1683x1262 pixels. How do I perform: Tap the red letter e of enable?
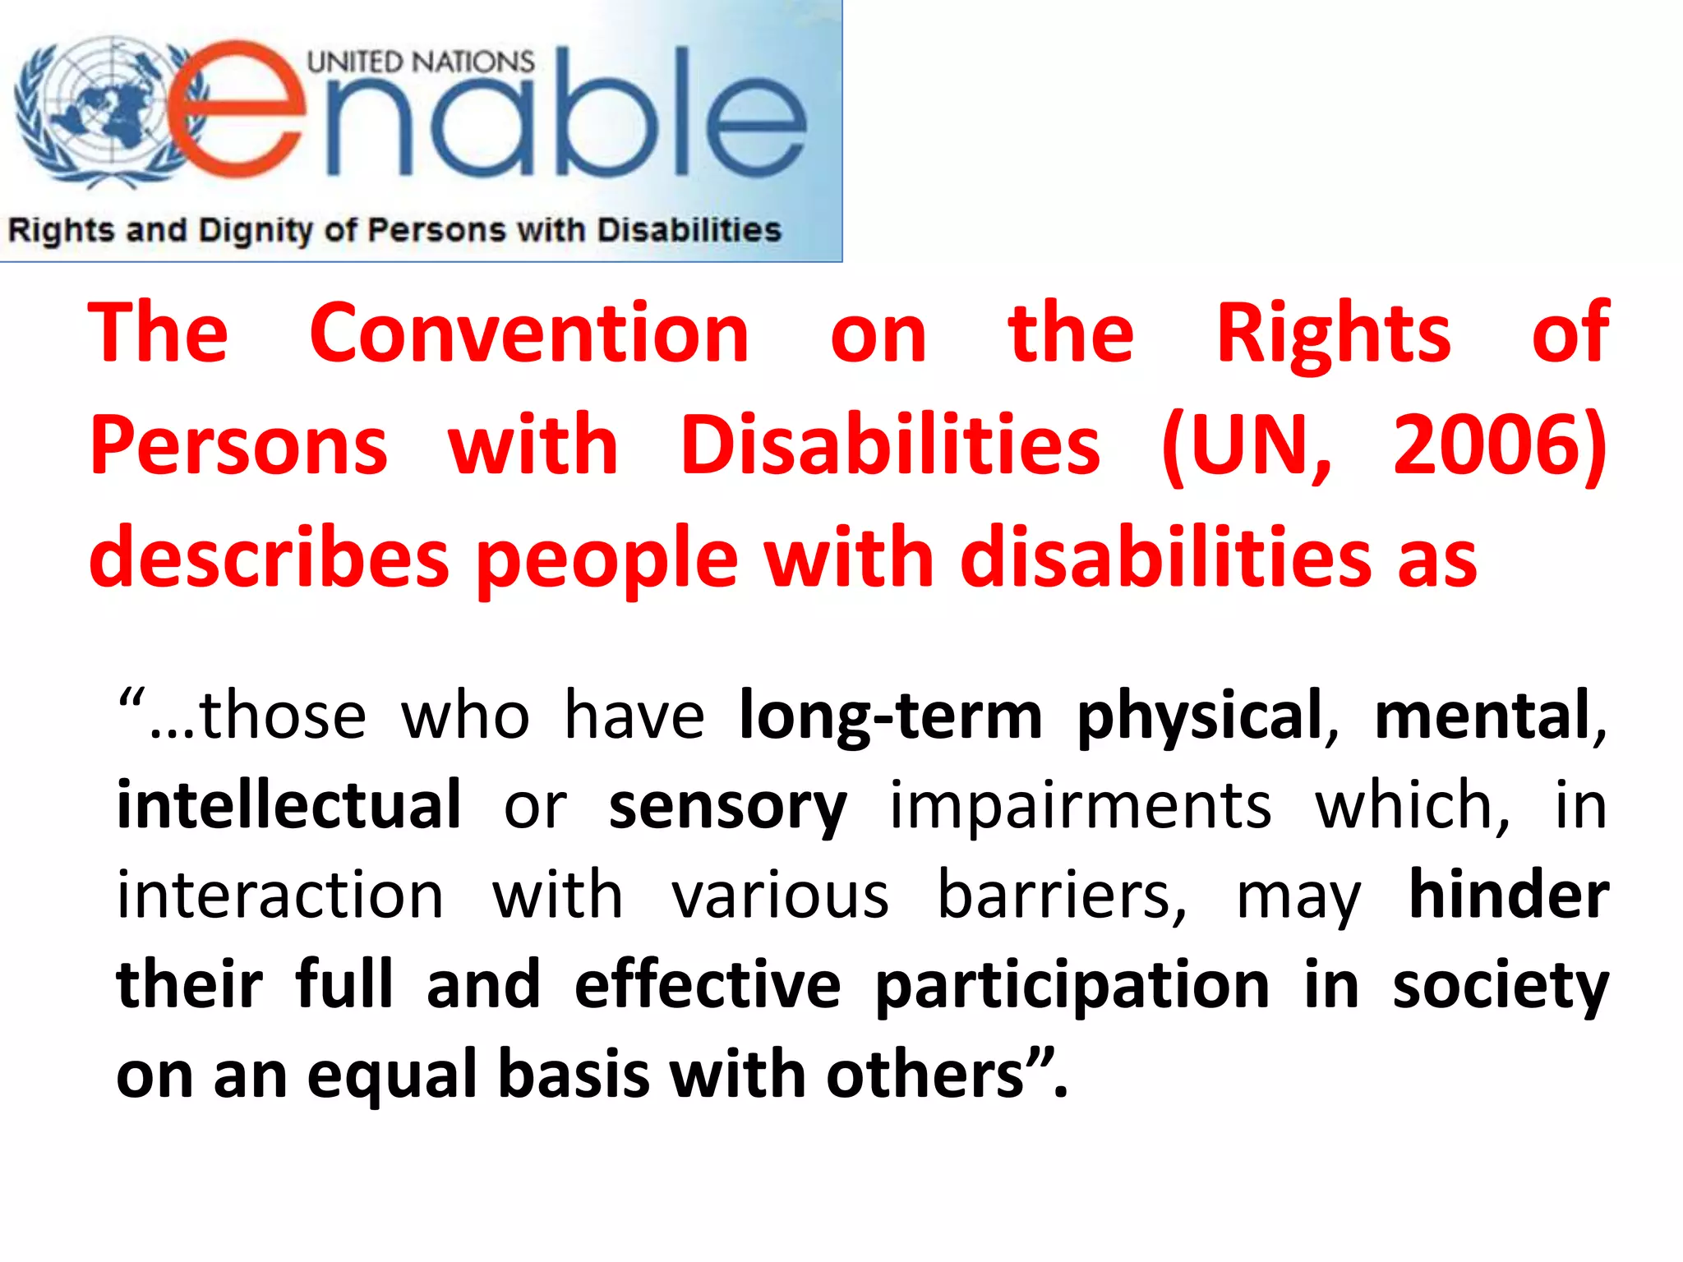[238, 111]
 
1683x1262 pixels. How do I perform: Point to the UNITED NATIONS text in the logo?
[420, 62]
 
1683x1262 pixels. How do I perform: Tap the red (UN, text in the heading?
[1246, 445]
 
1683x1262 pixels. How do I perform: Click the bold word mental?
[1482, 716]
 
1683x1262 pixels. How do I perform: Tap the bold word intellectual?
[288, 804]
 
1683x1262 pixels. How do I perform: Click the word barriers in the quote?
[1062, 896]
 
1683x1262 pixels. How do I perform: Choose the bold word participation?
[1072, 986]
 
